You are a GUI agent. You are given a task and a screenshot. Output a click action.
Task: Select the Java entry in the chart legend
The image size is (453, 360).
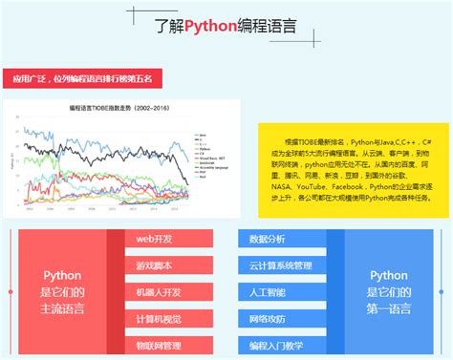[202, 136]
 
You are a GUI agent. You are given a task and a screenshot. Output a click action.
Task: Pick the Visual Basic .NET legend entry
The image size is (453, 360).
[211, 159]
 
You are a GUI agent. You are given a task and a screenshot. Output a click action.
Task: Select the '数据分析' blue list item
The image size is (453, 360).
[268, 239]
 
